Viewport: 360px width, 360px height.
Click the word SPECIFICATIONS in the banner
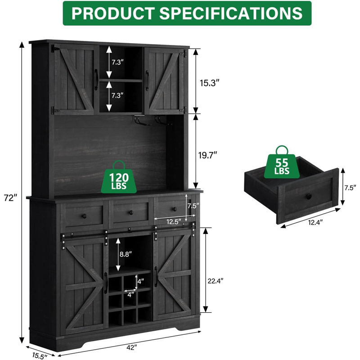[231, 13]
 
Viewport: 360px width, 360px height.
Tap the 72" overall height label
[11, 198]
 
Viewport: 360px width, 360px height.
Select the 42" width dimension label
[131, 347]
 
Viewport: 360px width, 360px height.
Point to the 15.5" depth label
[40, 355]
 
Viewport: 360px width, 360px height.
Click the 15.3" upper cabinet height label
[208, 83]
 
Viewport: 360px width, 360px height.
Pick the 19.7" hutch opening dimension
[207, 155]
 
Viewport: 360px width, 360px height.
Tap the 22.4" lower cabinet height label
[216, 280]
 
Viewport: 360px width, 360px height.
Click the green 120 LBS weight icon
[119, 177]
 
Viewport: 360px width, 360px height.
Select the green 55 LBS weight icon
[282, 162]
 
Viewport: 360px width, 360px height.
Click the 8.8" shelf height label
[126, 254]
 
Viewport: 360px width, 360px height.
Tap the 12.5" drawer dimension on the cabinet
[174, 222]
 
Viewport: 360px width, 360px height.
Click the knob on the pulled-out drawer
[308, 196]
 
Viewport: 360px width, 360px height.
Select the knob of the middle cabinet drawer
[131, 212]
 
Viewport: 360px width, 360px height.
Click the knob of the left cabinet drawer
[85, 216]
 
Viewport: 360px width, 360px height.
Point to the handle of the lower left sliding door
[106, 283]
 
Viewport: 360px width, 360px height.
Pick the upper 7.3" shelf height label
[118, 62]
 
